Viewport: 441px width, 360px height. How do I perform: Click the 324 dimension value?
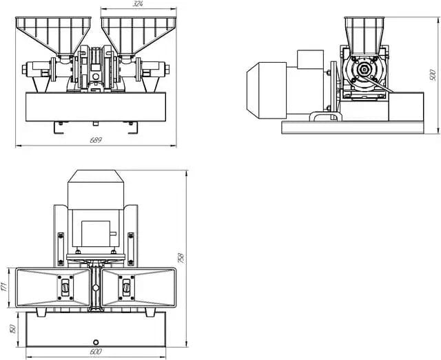click(x=139, y=5)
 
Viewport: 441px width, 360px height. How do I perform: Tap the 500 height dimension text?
click(x=433, y=74)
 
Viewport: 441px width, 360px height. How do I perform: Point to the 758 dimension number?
click(x=181, y=257)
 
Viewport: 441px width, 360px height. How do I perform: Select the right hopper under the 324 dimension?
click(x=139, y=34)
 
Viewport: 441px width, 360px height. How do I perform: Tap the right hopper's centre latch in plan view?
click(x=126, y=287)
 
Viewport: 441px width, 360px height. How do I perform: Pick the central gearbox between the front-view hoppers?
click(x=96, y=69)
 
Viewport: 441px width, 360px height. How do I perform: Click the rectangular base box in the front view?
click(x=96, y=106)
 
